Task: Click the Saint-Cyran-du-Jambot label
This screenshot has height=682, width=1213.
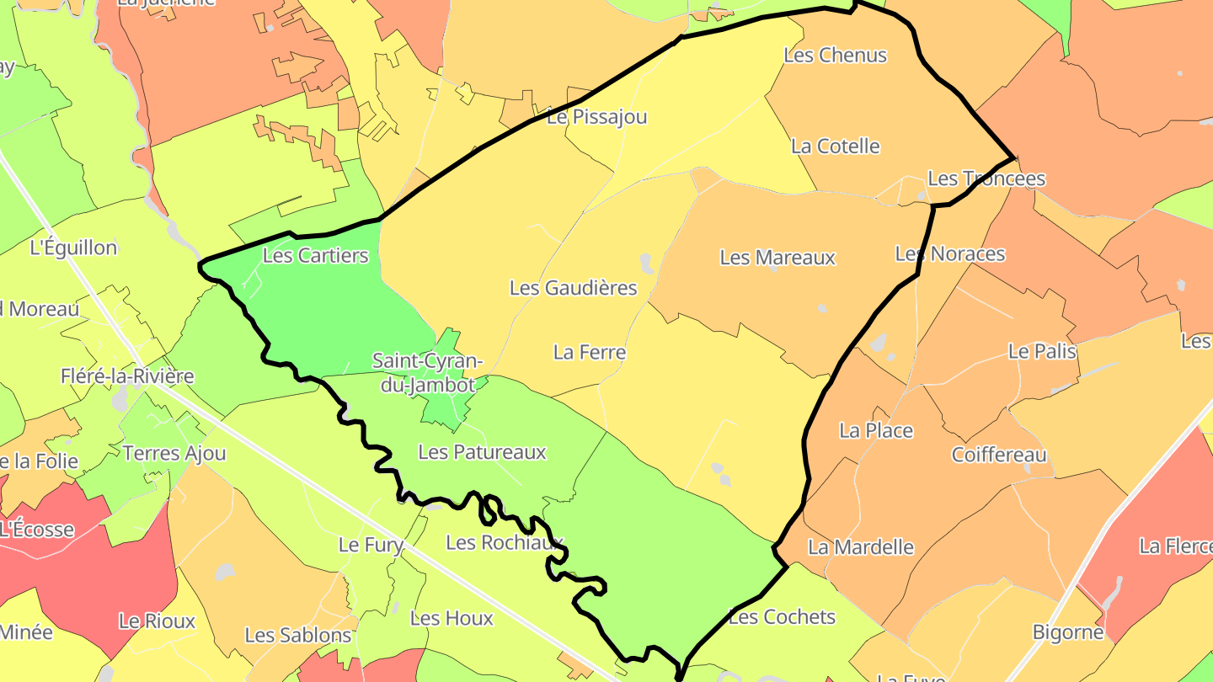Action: [x=428, y=373]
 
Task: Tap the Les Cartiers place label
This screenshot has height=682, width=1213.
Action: [x=316, y=255]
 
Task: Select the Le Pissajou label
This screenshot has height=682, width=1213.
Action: [x=596, y=117]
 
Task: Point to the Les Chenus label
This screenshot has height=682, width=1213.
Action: [x=835, y=56]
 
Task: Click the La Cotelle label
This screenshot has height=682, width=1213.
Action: [x=835, y=147]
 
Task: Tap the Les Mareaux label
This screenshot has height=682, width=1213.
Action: [x=777, y=258]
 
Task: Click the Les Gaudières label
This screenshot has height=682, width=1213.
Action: [x=573, y=288]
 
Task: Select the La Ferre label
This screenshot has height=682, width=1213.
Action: [x=590, y=352]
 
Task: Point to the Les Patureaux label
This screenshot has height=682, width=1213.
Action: [x=482, y=452]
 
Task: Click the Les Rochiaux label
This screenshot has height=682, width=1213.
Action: [x=504, y=542]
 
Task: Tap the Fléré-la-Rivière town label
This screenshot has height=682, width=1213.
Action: [x=127, y=376]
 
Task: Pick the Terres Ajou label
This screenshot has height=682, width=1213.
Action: [x=174, y=453]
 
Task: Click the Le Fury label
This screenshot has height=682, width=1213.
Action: [x=371, y=545]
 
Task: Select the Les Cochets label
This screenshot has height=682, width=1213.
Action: [x=782, y=617]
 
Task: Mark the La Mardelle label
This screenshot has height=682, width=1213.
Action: [x=860, y=547]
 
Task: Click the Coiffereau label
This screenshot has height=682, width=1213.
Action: [x=999, y=455]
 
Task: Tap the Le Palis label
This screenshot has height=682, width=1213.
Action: [x=1042, y=351]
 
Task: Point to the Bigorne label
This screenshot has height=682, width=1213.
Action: [x=1068, y=632]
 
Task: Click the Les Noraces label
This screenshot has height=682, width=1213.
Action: [x=949, y=253]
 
